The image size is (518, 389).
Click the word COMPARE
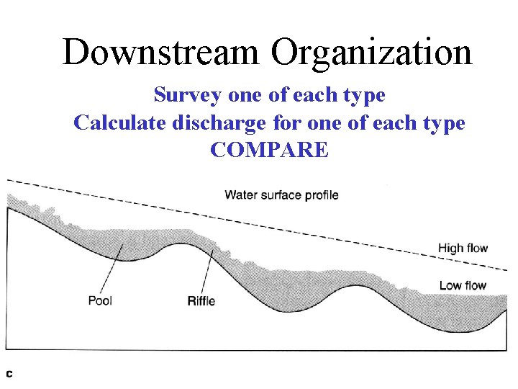pyautogui.click(x=269, y=150)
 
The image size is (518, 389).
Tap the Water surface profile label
pyautogui.click(x=281, y=194)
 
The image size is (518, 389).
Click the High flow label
pyautogui.click(x=463, y=249)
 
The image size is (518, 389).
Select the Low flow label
pyautogui.click(x=463, y=286)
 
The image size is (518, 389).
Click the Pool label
pyautogui.click(x=100, y=300)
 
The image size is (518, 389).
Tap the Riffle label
pyautogui.click(x=201, y=300)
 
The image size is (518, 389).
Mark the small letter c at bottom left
pyautogui.click(x=10, y=373)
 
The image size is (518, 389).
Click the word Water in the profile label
pyautogui.click(x=240, y=194)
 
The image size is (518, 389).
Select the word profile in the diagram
pyautogui.click(x=321, y=194)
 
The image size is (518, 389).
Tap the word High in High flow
pyautogui.click(x=451, y=249)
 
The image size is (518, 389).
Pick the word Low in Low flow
pyautogui.click(x=451, y=286)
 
